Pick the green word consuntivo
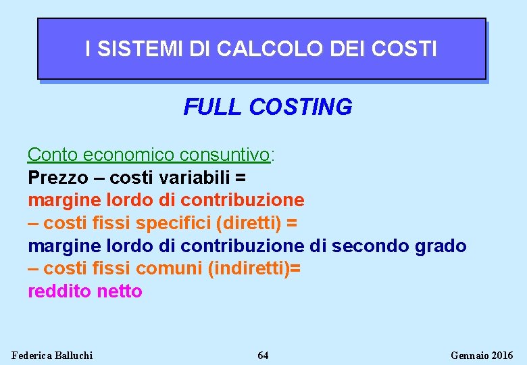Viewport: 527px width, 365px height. [224, 155]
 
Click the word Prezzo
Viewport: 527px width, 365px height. [58, 178]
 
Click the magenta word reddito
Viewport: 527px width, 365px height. [60, 291]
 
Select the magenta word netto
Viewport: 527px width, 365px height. [120, 291]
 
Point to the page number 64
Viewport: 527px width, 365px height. [263, 356]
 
